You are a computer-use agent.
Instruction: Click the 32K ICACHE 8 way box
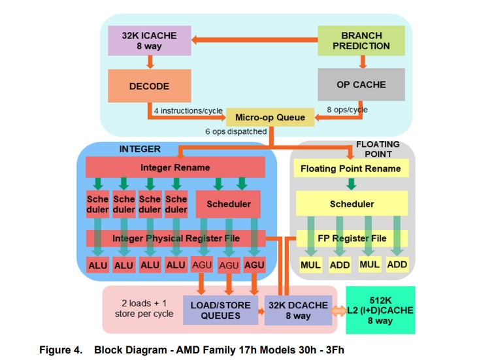tap(150, 41)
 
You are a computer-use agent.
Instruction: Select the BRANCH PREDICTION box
tap(361, 41)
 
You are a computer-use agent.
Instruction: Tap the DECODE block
tap(150, 86)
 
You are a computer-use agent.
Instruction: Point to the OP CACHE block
tap(361, 84)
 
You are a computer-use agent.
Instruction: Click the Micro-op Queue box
tap(270, 118)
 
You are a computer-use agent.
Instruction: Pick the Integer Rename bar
tap(175, 167)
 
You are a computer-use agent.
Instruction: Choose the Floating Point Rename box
tap(351, 168)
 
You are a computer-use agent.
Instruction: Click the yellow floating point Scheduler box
tap(352, 204)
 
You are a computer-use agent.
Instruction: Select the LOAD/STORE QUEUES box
tap(220, 310)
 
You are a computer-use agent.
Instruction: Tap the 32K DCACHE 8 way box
tap(298, 310)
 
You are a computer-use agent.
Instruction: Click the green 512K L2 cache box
tap(380, 310)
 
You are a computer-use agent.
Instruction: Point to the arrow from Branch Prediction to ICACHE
tap(254, 40)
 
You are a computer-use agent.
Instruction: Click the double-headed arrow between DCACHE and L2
tap(339, 311)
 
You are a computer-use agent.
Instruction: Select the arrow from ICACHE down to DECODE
tap(150, 62)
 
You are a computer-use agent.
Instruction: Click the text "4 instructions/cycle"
tap(188, 111)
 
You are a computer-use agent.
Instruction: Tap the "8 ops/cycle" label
tap(347, 110)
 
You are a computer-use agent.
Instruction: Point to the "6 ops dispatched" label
tap(236, 131)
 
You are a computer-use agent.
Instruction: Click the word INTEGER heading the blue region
tap(140, 149)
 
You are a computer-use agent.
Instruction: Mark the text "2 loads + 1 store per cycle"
tap(144, 308)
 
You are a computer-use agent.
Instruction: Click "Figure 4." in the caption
tap(61, 350)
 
